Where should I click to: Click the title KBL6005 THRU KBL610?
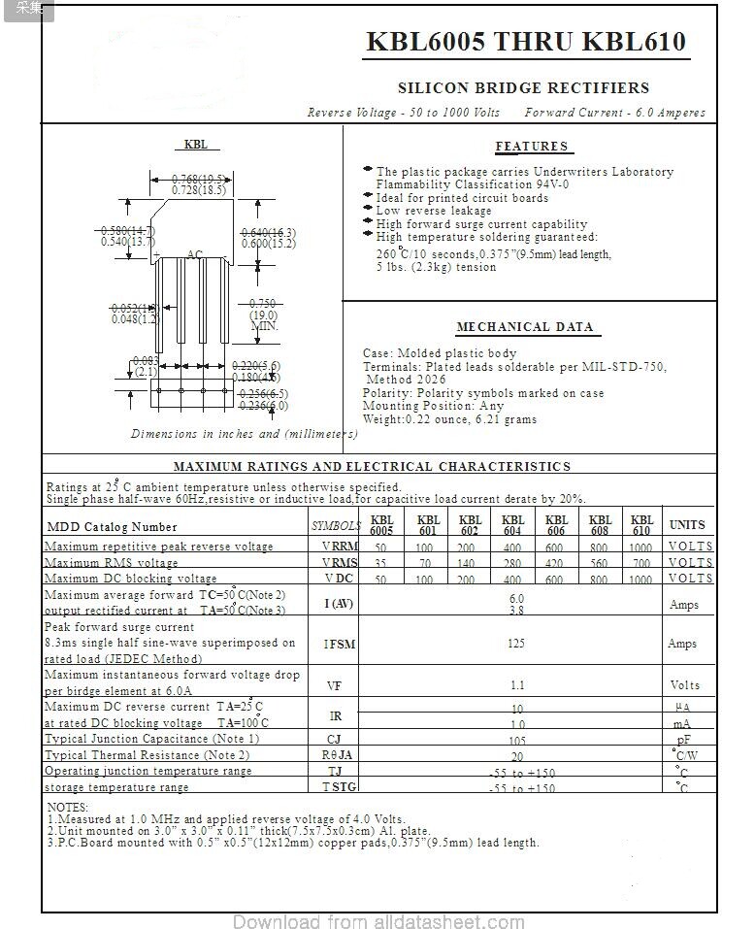pyautogui.click(x=525, y=42)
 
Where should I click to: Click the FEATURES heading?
pyautogui.click(x=532, y=147)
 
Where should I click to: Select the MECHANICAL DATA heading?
pyautogui.click(x=524, y=327)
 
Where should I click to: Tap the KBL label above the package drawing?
pyautogui.click(x=196, y=145)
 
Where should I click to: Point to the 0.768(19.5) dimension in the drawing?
pyautogui.click(x=199, y=179)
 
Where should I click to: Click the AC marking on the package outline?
pyautogui.click(x=195, y=255)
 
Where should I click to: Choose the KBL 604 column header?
pyautogui.click(x=513, y=525)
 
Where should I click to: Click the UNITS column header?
pyautogui.click(x=687, y=525)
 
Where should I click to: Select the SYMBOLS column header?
pyautogui.click(x=336, y=526)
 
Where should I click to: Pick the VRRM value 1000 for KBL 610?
pyautogui.click(x=640, y=547)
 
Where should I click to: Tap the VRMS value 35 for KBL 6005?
pyautogui.click(x=380, y=563)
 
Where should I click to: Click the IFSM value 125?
pyautogui.click(x=516, y=643)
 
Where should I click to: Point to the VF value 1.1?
pyautogui.click(x=517, y=684)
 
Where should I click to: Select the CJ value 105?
pyautogui.click(x=517, y=740)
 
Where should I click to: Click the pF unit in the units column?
pyautogui.click(x=683, y=740)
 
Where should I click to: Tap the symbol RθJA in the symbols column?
pyautogui.click(x=337, y=755)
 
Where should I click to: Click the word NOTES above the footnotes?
pyautogui.click(x=68, y=808)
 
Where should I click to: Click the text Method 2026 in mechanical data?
pyautogui.click(x=405, y=380)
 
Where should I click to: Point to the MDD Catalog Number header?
pyautogui.click(x=113, y=527)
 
